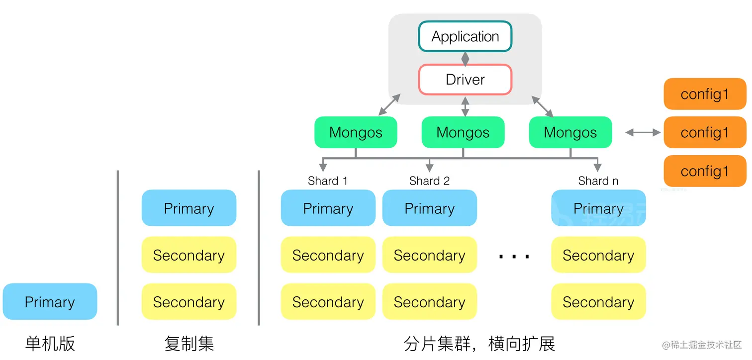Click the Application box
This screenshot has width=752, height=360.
pyautogui.click(x=465, y=36)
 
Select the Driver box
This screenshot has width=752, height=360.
pyautogui.click(x=465, y=80)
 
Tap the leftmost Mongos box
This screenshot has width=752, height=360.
pyautogui.click(x=356, y=132)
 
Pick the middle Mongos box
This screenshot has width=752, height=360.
pyautogui.click(x=463, y=132)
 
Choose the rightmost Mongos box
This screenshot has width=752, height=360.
pyautogui.click(x=570, y=132)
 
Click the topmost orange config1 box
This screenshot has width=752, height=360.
pyautogui.click(x=705, y=93)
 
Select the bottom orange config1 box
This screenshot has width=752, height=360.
pyautogui.click(x=705, y=171)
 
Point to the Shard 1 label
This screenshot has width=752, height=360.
pyautogui.click(x=327, y=181)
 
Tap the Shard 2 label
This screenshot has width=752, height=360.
pyautogui.click(x=429, y=181)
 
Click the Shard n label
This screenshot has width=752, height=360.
pyautogui.click(x=598, y=181)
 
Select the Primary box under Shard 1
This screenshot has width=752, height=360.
pyautogui.click(x=328, y=208)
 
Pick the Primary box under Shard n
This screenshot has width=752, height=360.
pyautogui.click(x=598, y=208)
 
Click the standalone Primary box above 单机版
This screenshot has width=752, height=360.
pyautogui.click(x=50, y=301)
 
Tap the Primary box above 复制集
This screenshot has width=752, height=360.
pyautogui.click(x=189, y=208)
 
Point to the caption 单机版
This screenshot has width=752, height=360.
pyautogui.click(x=50, y=344)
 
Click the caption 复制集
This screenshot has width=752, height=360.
pyautogui.click(x=189, y=344)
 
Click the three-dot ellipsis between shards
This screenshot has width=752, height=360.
pyautogui.click(x=514, y=257)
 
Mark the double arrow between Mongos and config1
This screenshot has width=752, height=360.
pyautogui.click(x=643, y=132)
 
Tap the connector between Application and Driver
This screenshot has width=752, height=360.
pyautogui.click(x=465, y=58)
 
